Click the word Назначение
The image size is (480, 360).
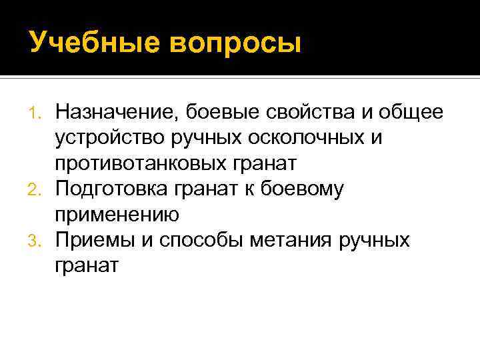117,111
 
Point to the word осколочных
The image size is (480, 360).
313,137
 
